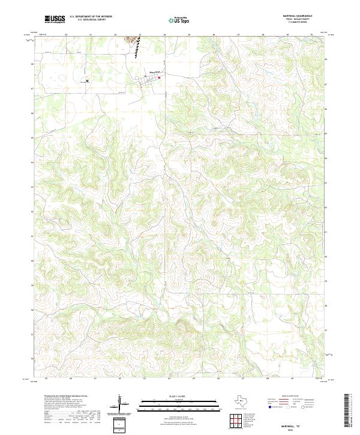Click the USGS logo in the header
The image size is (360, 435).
click(x=55, y=19)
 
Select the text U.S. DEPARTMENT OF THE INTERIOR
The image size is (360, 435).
click(x=91, y=17)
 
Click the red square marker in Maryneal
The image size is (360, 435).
click(x=160, y=77)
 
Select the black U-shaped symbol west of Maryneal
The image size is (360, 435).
click(x=88, y=80)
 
